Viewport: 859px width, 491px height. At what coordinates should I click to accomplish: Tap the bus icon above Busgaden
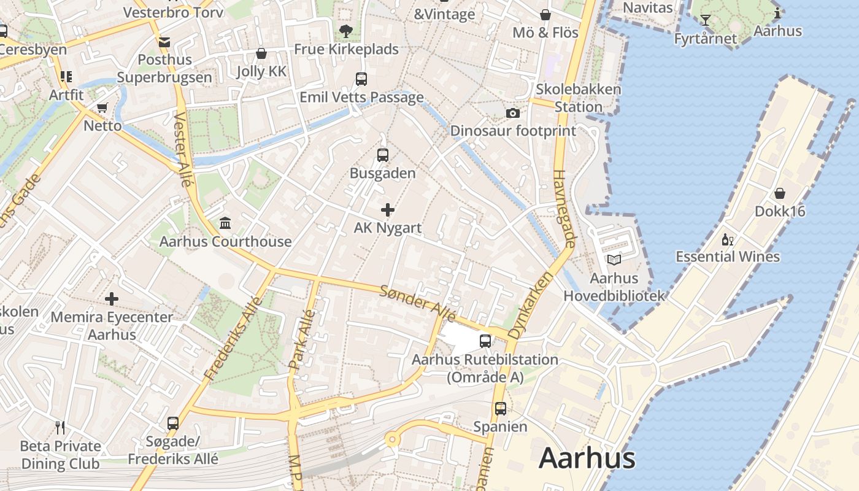383,155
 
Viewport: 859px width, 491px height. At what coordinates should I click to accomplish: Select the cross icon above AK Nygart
388,211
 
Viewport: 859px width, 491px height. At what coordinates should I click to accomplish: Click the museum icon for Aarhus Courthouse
225,223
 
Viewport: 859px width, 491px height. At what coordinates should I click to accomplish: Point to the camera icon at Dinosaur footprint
513,113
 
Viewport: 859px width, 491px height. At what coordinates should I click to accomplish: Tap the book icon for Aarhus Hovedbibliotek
614,260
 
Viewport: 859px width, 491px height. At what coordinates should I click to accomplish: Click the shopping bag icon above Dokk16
779,193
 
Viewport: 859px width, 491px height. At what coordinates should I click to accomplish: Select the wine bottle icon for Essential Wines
728,239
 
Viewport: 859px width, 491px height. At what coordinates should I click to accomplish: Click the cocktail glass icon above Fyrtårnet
706,21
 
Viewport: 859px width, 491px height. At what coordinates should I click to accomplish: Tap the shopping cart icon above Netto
102,108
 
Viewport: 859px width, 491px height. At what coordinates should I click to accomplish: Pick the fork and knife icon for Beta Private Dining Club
60,427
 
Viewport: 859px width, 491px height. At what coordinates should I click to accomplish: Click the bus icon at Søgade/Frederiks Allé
173,423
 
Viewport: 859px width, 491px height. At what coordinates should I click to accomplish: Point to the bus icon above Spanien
501,408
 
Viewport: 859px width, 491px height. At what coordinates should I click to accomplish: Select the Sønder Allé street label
418,303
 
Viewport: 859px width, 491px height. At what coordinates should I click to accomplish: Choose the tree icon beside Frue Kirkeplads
346,31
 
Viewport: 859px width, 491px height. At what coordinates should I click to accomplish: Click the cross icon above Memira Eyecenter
112,299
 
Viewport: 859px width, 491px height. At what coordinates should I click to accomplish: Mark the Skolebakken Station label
578,98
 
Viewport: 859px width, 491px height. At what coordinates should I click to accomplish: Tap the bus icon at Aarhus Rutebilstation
485,341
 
